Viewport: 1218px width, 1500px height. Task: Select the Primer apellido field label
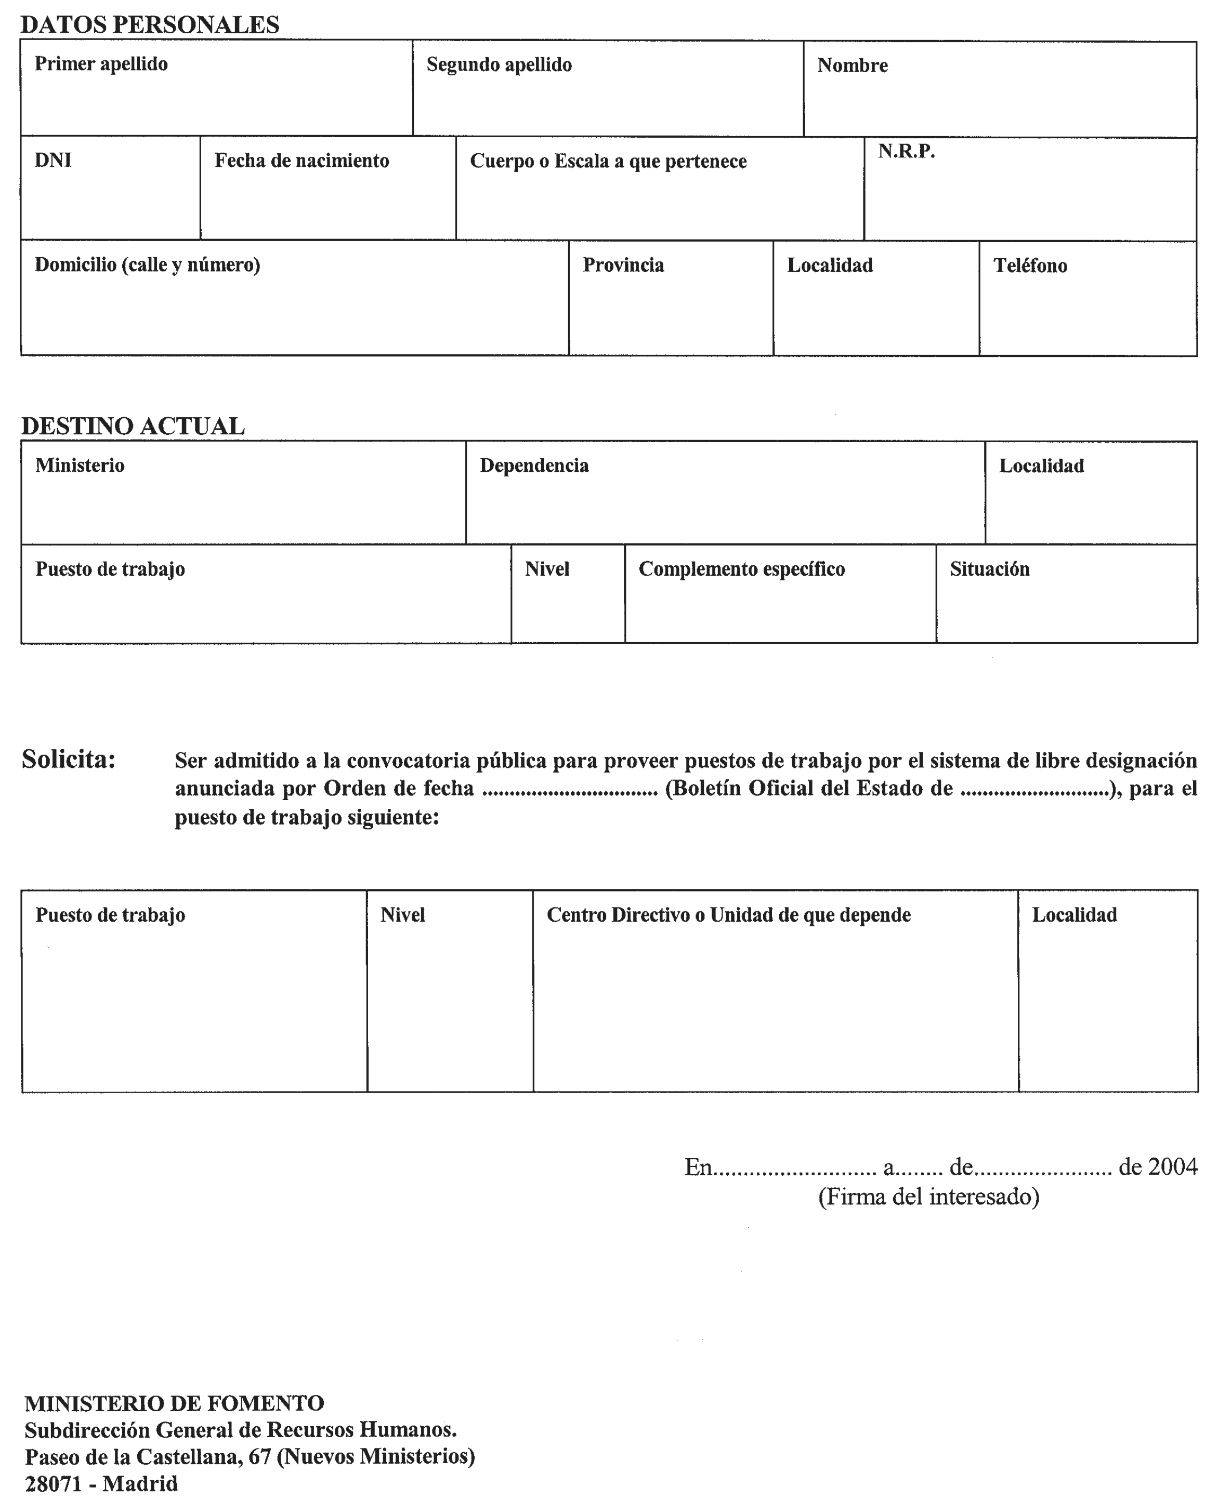click(101, 64)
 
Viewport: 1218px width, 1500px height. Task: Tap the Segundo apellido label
click(499, 64)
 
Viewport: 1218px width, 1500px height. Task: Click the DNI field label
click(54, 161)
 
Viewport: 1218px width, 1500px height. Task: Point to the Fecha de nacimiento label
click(302, 161)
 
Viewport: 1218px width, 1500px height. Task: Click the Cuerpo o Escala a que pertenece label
click(608, 161)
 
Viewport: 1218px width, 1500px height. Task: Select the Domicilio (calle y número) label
click(147, 265)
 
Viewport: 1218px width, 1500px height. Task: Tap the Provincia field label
click(623, 265)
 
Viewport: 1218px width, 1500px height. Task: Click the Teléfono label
click(1029, 266)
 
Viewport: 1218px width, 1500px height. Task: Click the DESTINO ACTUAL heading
click(133, 426)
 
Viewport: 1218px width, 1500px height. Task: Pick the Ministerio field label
click(80, 466)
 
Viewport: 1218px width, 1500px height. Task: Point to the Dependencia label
click(534, 466)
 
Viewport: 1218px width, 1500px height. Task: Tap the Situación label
click(989, 569)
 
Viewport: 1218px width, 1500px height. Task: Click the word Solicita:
click(68, 759)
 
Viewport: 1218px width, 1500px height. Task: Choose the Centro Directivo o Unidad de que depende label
click(728, 914)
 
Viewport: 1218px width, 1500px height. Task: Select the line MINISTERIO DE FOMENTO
click(174, 1403)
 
